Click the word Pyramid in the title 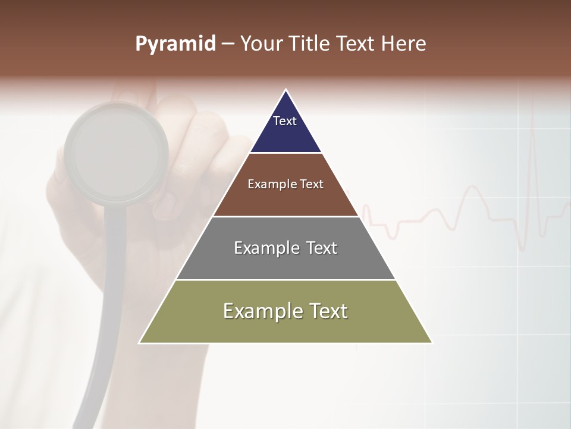(x=175, y=44)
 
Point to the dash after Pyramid (x=227, y=44)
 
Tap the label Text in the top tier (x=285, y=121)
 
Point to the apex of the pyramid (x=285, y=91)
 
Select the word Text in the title (x=354, y=43)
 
